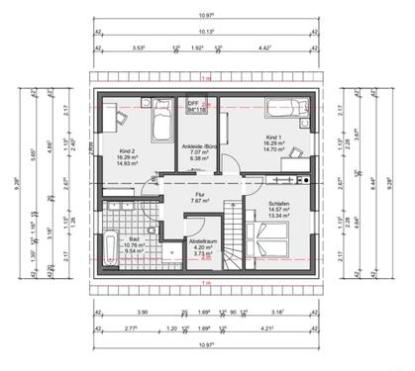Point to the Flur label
tap(199, 195)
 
